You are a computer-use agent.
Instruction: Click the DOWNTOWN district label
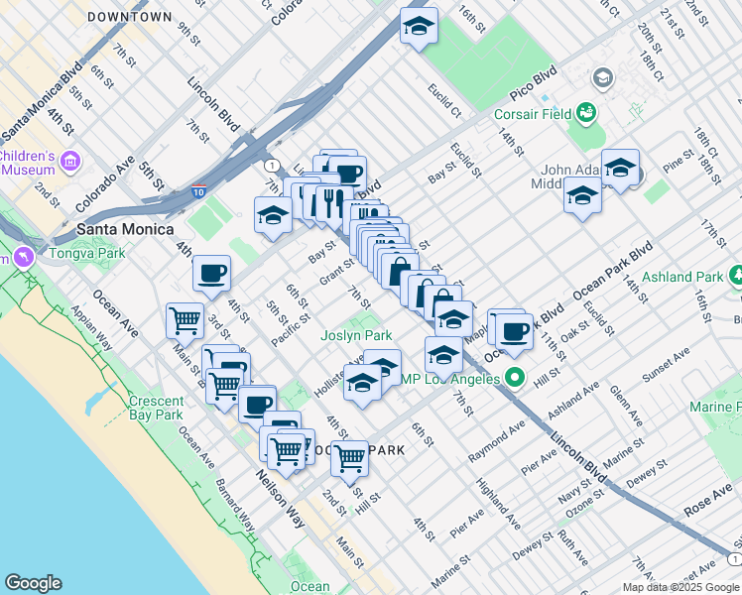(129, 18)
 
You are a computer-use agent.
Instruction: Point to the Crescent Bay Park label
(156, 408)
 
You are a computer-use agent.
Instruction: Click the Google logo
(33, 583)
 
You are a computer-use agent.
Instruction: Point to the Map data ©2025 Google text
(680, 587)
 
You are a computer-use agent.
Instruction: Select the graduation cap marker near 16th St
(420, 27)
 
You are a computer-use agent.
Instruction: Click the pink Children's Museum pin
(69, 160)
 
